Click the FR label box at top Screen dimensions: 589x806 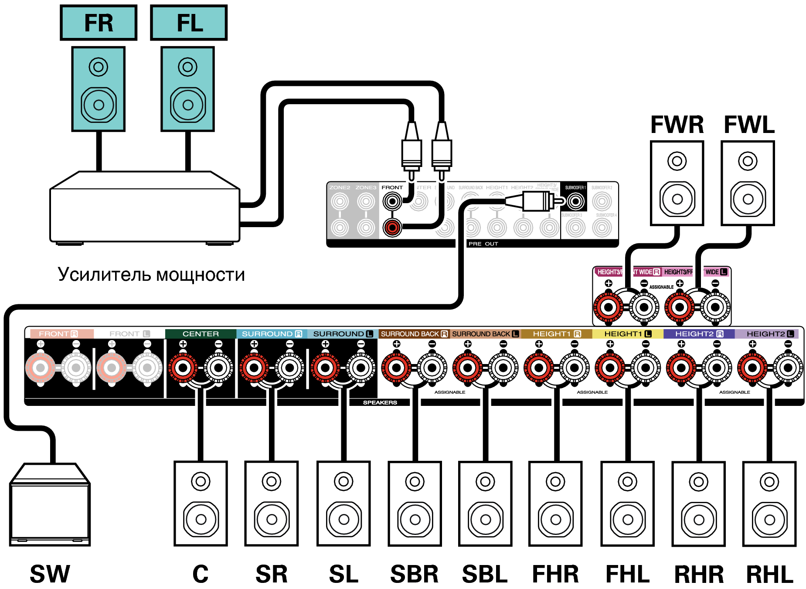(x=99, y=23)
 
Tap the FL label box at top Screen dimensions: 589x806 (x=189, y=23)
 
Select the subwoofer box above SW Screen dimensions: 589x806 (x=50, y=505)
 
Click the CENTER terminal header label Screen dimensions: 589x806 (x=201, y=334)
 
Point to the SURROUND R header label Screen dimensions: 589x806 (x=272, y=334)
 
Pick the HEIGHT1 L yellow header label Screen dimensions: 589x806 (x=627, y=334)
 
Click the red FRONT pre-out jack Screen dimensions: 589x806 (x=392, y=227)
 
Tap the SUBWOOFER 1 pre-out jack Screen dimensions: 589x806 (x=575, y=201)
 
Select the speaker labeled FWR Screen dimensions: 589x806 (x=677, y=183)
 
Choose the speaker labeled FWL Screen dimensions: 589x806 (x=748, y=183)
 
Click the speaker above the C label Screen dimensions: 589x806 (x=201, y=504)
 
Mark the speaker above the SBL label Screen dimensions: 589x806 (x=485, y=504)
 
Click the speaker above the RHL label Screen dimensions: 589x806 (x=769, y=504)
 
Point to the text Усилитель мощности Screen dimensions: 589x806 (x=151, y=275)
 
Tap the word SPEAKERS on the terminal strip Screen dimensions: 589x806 (x=380, y=402)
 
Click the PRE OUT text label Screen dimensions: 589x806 (x=483, y=244)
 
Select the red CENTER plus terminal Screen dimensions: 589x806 (x=183, y=368)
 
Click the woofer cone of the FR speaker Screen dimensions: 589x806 (x=99, y=105)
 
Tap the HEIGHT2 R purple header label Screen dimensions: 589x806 (x=699, y=334)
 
